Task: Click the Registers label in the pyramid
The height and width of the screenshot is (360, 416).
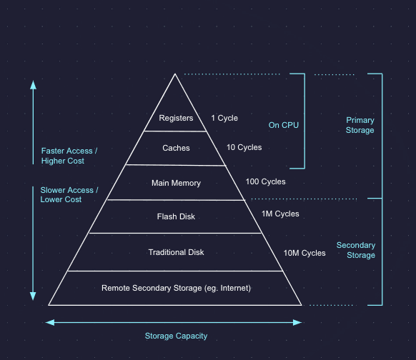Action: [x=176, y=118]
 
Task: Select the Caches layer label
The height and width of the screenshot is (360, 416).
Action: [x=176, y=148]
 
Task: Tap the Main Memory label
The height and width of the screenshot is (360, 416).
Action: [x=176, y=183]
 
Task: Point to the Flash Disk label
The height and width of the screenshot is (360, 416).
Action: [x=176, y=216]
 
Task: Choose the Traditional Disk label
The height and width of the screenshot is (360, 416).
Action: [x=176, y=252]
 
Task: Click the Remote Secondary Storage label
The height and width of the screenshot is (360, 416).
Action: [x=176, y=288]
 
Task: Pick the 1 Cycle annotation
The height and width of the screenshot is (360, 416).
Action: [x=224, y=118]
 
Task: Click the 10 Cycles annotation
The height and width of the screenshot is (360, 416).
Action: [x=244, y=148]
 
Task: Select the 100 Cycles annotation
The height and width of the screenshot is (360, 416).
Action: [x=265, y=182]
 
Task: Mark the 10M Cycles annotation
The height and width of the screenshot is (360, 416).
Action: [x=304, y=253]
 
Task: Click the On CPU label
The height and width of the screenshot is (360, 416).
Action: [x=283, y=125]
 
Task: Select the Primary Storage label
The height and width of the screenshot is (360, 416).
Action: [x=360, y=125]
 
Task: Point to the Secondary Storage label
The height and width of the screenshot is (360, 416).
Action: [x=355, y=250]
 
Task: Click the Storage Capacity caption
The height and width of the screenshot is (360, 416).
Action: [x=176, y=336]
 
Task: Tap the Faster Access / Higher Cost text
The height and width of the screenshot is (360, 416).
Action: [x=69, y=156]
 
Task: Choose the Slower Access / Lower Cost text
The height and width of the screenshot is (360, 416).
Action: [x=69, y=195]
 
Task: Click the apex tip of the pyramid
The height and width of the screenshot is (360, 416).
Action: [x=176, y=74]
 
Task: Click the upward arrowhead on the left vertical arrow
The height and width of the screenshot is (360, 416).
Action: [x=32, y=82]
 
